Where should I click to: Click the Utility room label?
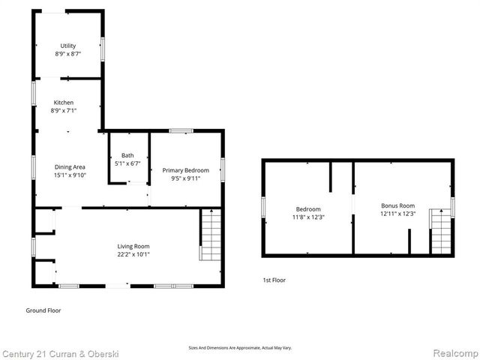pyautogui.click(x=68, y=46)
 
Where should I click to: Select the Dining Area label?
pyautogui.click(x=70, y=167)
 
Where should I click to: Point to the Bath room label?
pyautogui.click(x=127, y=156)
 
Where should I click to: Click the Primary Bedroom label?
pyautogui.click(x=185, y=170)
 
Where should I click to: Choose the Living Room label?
pyautogui.click(x=133, y=246)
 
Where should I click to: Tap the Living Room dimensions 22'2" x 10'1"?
pyautogui.click(x=133, y=254)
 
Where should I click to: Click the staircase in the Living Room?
pyautogui.click(x=211, y=235)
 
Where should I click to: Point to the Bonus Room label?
pyautogui.click(x=397, y=205)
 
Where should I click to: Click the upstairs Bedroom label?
pyautogui.click(x=308, y=208)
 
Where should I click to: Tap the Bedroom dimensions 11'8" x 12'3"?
pyautogui.click(x=308, y=217)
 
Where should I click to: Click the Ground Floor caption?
pyautogui.click(x=43, y=310)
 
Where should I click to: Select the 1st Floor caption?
pyautogui.click(x=274, y=280)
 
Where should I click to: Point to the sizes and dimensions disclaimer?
pyautogui.click(x=240, y=348)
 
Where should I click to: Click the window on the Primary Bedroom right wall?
pyautogui.click(x=223, y=169)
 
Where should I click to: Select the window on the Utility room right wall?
pyautogui.click(x=103, y=47)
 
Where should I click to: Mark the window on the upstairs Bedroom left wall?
pyautogui.click(x=262, y=207)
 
